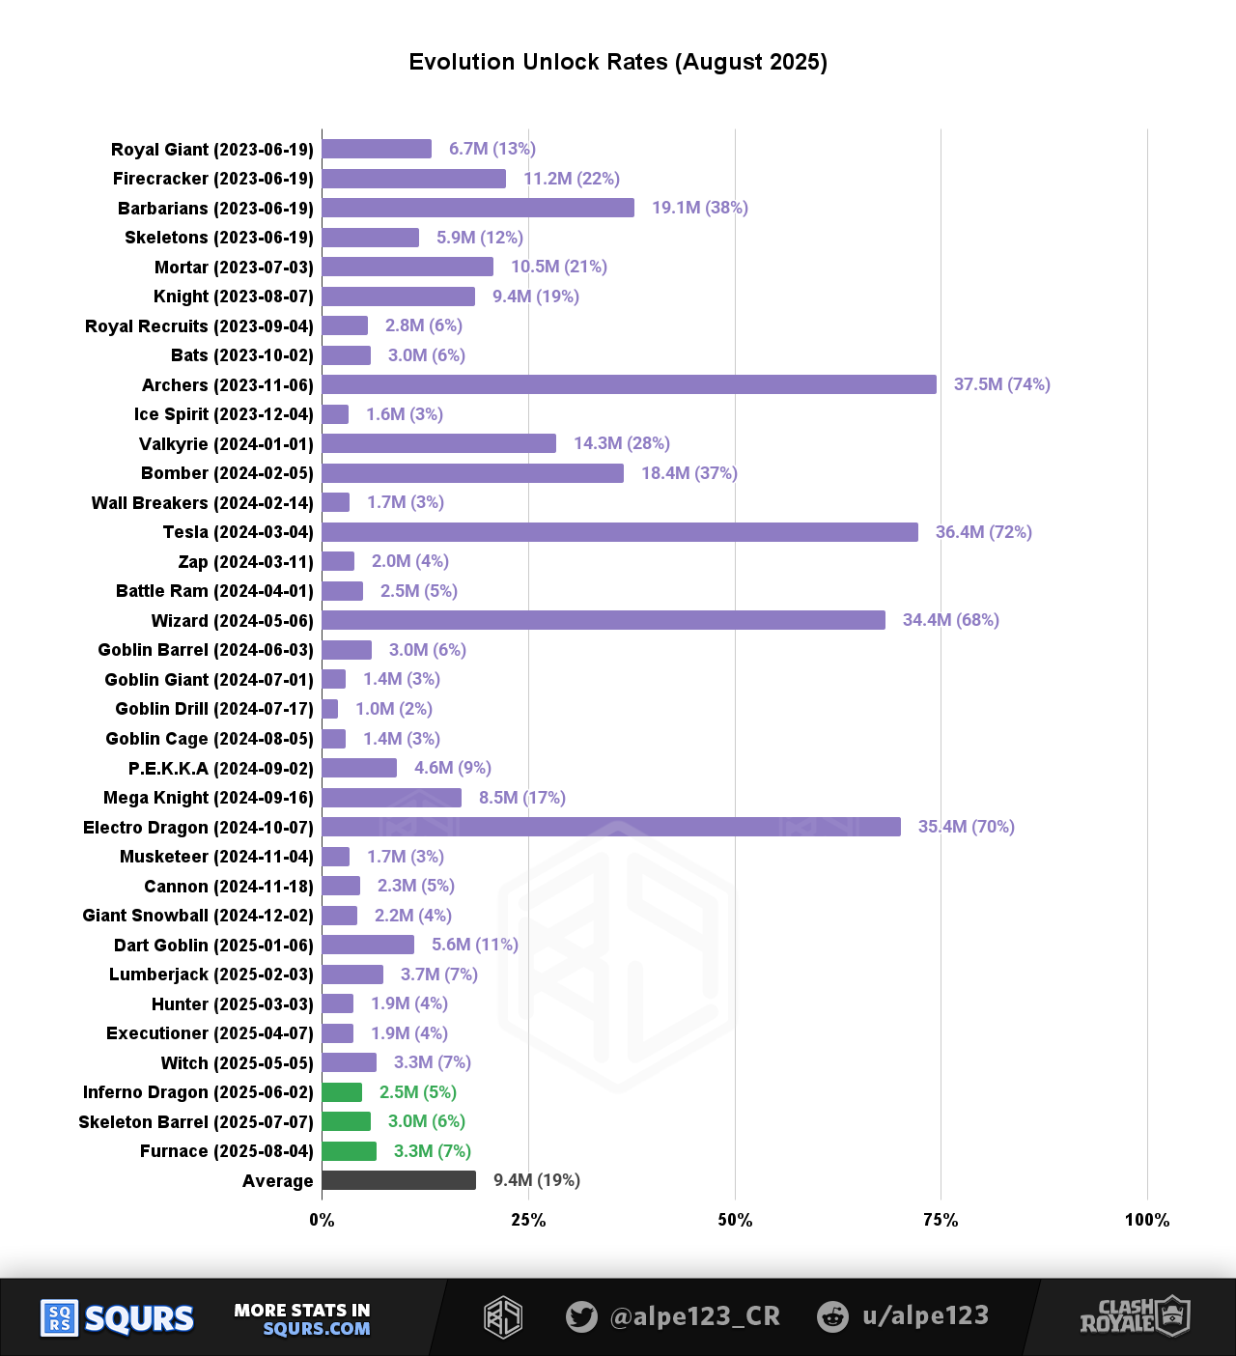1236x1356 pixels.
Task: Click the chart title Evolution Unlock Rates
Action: [618, 62]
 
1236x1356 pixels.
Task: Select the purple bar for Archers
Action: [629, 384]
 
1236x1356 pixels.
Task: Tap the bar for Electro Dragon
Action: [611, 827]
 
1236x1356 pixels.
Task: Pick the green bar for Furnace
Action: [349, 1151]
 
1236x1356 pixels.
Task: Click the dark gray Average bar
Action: [399, 1180]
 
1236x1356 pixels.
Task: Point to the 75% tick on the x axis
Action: [941, 1220]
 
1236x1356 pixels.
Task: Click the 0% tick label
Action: [322, 1220]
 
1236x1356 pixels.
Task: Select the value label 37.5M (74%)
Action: [1001, 384]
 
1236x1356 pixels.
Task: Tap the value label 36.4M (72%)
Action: [983, 532]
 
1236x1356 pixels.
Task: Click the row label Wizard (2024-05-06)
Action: [232, 621]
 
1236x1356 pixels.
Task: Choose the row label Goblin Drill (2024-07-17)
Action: [213, 709]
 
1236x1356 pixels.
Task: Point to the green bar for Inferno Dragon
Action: [342, 1092]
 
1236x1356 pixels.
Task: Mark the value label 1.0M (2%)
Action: [393, 709]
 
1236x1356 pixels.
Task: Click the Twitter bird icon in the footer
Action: [581, 1316]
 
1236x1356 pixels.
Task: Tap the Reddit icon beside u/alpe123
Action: [832, 1316]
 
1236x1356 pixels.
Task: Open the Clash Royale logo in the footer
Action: [1135, 1316]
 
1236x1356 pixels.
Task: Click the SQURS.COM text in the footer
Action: [316, 1329]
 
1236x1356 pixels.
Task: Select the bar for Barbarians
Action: [478, 208]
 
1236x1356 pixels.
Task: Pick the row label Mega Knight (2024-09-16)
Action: [208, 798]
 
